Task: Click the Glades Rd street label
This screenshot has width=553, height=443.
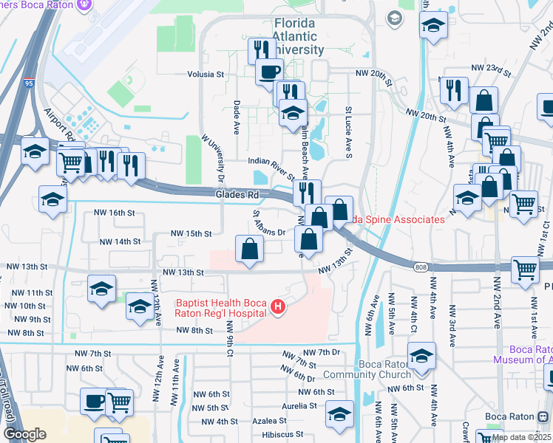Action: [237, 195]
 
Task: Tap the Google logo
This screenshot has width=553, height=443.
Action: [24, 434]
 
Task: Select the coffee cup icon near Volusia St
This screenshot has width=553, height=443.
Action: [269, 72]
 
